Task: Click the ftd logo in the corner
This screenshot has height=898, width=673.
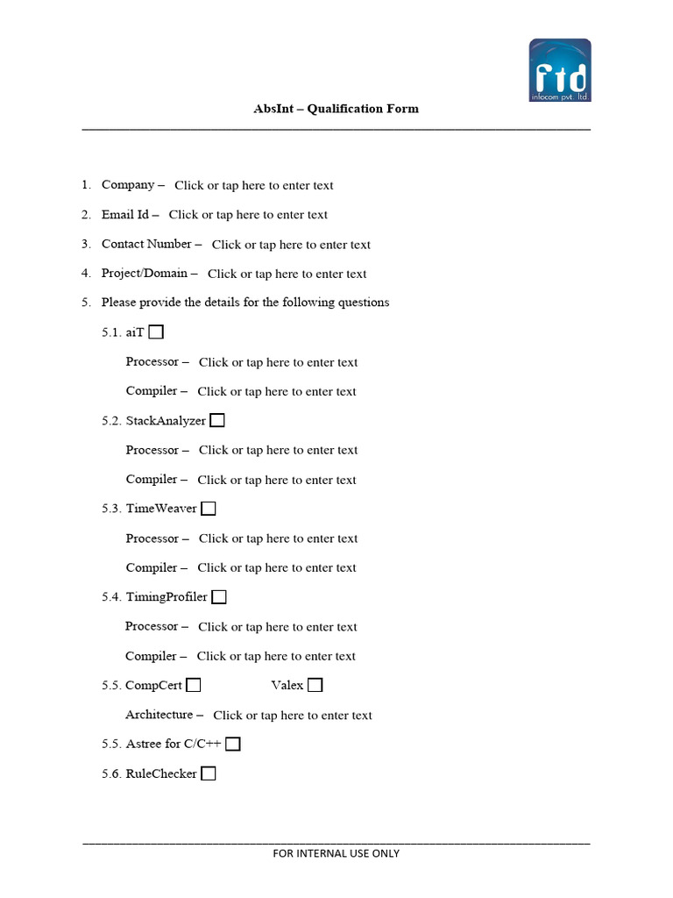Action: pos(560,70)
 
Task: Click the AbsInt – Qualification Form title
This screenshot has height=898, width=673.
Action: pos(336,109)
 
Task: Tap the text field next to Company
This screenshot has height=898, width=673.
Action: pos(253,185)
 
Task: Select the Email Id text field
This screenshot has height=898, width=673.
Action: pos(248,215)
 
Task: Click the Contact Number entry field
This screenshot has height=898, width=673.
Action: pos(291,245)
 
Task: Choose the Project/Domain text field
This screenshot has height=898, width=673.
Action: pos(287,274)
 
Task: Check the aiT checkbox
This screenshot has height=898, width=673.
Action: pos(156,332)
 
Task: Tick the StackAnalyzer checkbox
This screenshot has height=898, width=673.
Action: pos(217,420)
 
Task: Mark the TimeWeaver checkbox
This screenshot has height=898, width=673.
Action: pos(209,509)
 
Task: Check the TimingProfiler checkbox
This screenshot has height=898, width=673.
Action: pos(219,597)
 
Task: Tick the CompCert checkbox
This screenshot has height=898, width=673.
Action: pos(194,685)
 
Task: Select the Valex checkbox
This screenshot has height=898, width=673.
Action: pos(315,685)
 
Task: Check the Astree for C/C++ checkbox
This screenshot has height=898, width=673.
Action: pos(233,745)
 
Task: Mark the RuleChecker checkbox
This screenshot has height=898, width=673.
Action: pos(209,773)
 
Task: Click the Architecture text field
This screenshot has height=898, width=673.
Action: pos(293,716)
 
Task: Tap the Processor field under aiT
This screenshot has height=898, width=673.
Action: pos(278,362)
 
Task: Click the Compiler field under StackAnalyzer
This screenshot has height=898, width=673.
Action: pos(277,480)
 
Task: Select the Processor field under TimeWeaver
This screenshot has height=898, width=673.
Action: pos(278,538)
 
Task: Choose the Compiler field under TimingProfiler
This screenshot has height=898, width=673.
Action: pos(276,656)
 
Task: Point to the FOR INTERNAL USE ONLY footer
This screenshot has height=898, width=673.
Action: pos(336,853)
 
